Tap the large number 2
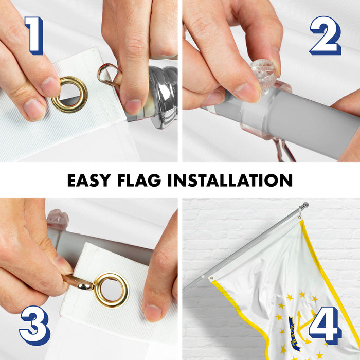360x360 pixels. (326, 35)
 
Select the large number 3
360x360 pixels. (35, 326)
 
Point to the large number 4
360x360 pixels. (325, 326)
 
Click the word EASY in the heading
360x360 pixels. (89, 180)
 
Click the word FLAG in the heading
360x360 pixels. (139, 180)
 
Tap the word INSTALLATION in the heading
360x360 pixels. (230, 180)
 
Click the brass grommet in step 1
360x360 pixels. (69, 94)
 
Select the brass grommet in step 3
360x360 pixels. (112, 290)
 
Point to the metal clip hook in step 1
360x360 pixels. (108, 75)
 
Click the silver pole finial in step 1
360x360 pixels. (160, 97)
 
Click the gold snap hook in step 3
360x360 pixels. (78, 283)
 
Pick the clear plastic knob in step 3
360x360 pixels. (58, 219)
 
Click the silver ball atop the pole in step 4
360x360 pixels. (305, 205)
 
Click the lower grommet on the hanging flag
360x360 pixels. (212, 278)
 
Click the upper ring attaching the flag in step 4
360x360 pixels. (300, 216)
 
